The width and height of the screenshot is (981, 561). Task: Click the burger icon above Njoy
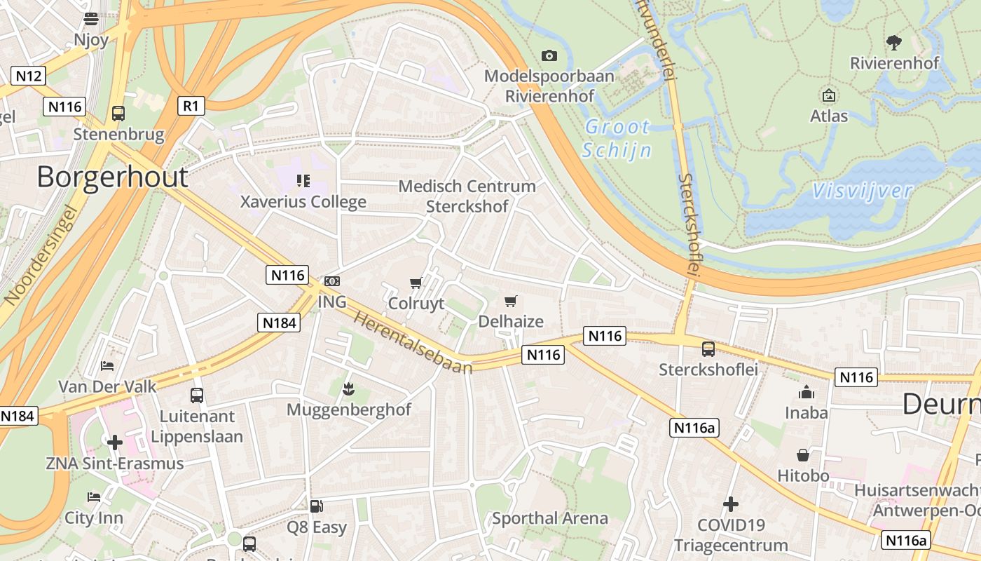point(91,19)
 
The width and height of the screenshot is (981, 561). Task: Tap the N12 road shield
point(29,75)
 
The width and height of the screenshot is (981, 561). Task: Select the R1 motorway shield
point(191,106)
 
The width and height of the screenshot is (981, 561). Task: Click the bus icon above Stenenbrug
point(118,113)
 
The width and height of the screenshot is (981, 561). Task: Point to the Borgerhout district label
point(112,177)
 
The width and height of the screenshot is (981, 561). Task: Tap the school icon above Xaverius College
point(303,181)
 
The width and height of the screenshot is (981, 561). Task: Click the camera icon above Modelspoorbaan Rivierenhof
point(549,55)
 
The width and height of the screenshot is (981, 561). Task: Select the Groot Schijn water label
point(617,138)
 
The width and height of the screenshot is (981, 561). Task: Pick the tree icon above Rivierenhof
point(894,43)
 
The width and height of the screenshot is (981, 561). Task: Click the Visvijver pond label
point(863,191)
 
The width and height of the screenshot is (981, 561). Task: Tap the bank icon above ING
point(332,281)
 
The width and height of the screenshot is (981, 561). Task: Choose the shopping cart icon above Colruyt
point(416,283)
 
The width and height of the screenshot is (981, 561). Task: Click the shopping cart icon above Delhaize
point(511,302)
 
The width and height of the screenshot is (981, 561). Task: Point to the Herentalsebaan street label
point(413,342)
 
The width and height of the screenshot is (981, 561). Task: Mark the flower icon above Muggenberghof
point(348,388)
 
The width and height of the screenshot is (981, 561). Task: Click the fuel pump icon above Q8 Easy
point(317,506)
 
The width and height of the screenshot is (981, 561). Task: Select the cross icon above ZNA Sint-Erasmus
point(115,442)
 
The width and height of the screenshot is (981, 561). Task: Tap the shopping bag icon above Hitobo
point(803,455)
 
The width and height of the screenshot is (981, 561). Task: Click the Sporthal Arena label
point(550,518)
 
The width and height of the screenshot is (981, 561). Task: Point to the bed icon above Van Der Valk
point(107,366)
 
